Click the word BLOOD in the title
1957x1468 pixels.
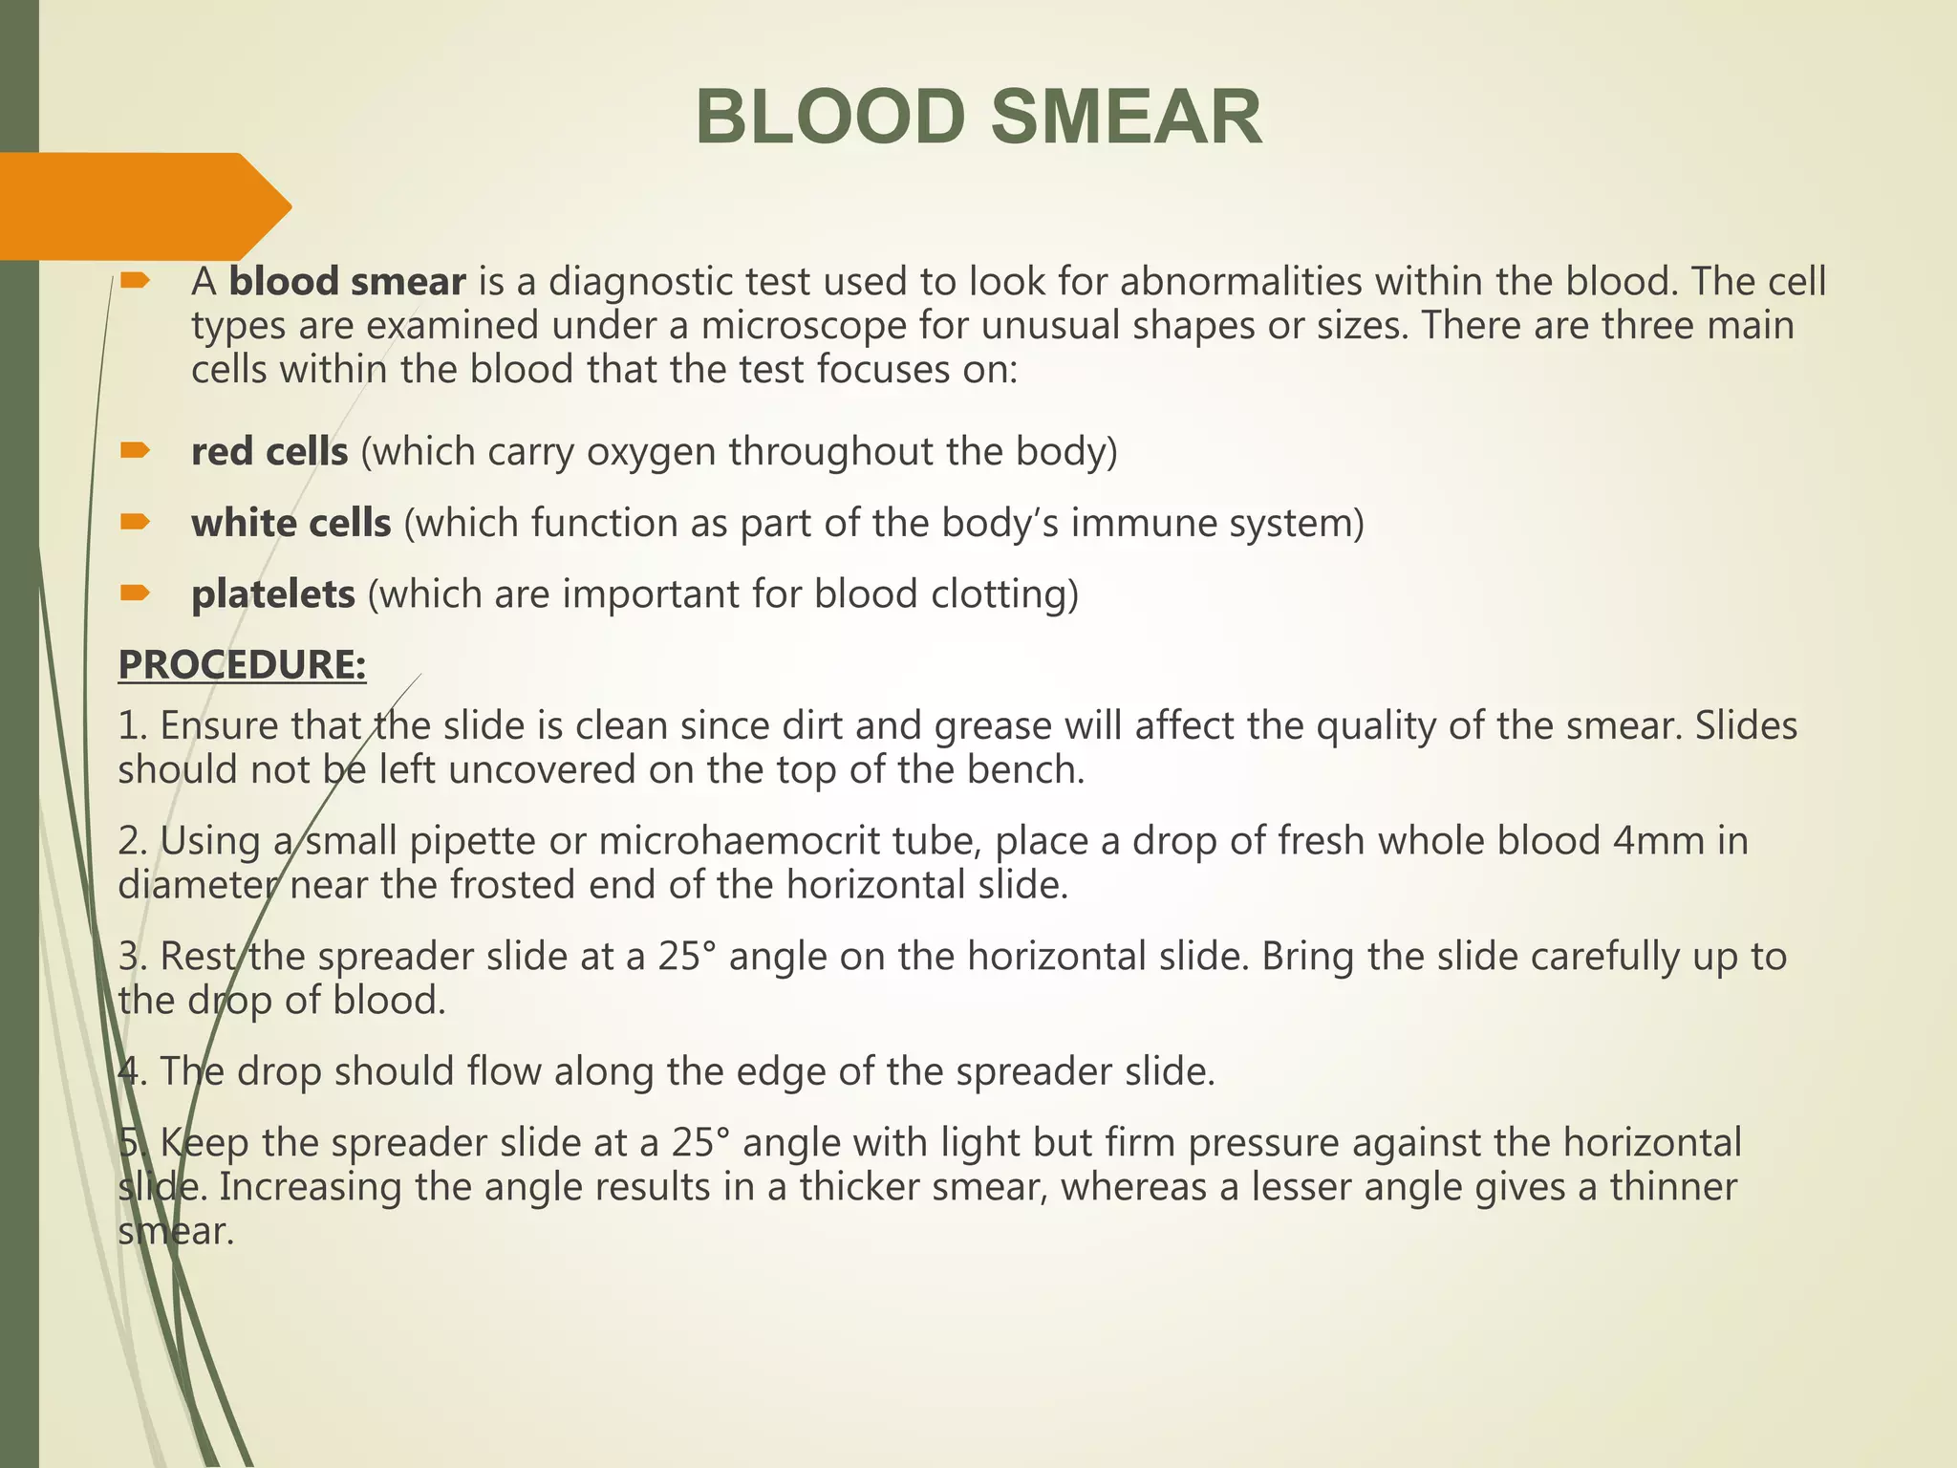[830, 118]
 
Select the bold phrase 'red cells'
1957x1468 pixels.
[269, 451]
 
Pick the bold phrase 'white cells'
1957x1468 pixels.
[291, 523]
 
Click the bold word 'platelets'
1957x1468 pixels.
[273, 594]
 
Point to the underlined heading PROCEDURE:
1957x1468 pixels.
[242, 664]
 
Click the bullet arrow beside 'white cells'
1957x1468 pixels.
[135, 522]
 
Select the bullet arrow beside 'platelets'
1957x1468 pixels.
[135, 594]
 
